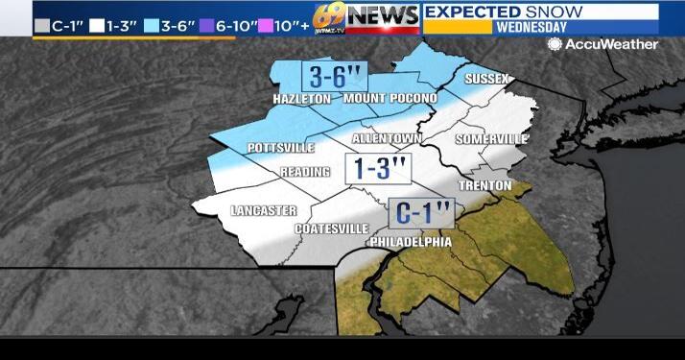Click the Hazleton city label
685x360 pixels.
[x=301, y=99]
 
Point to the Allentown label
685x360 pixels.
[x=387, y=139]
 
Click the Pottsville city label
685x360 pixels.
[x=281, y=148]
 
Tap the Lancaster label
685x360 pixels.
[x=264, y=210]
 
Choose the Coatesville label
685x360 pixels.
[x=332, y=228]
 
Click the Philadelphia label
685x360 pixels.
[x=410, y=242]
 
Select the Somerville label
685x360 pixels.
[x=491, y=139]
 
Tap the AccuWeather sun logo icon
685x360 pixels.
[x=555, y=44]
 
